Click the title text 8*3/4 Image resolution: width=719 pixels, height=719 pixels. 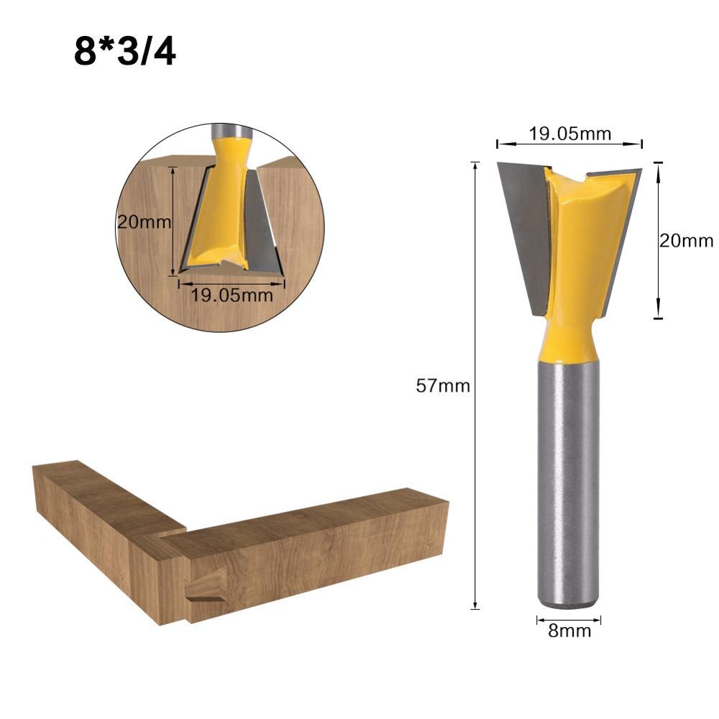[x=124, y=52]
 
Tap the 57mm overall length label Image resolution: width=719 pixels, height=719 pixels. [x=443, y=386]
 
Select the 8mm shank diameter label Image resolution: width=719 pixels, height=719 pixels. [x=569, y=631]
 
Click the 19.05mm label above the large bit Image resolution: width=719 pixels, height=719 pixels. [x=569, y=133]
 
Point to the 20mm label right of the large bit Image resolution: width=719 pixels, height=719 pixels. [x=687, y=241]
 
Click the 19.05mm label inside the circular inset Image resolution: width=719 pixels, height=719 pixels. [x=232, y=295]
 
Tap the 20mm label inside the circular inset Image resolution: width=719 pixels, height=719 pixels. [x=145, y=222]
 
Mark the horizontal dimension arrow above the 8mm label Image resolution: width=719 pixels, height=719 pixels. [x=568, y=618]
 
